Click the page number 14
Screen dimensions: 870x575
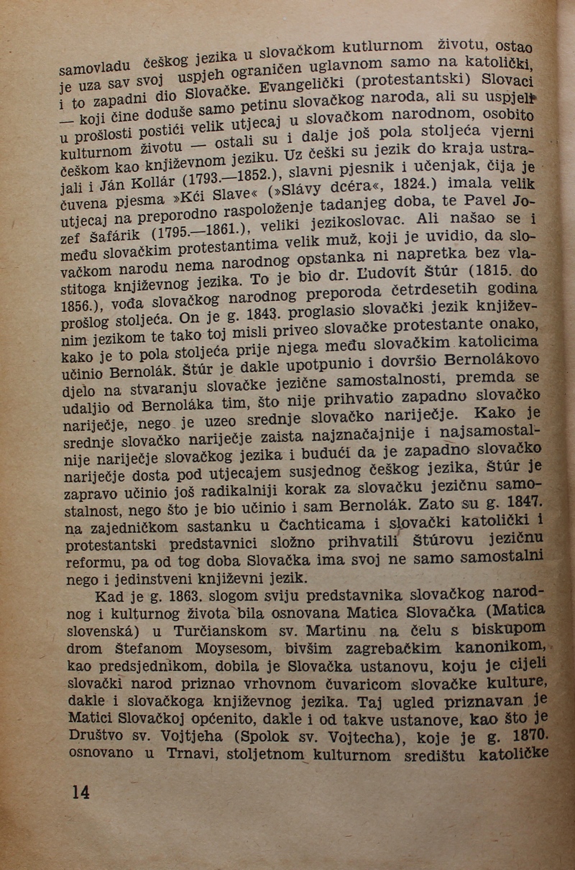tap(80, 792)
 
